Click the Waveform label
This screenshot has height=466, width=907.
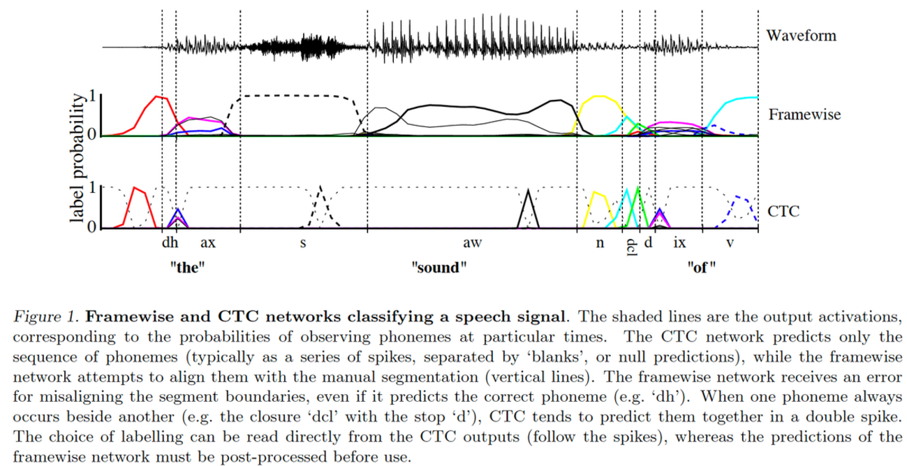pos(800,36)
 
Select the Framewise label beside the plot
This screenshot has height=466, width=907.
pos(803,115)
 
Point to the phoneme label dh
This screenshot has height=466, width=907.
pos(168,245)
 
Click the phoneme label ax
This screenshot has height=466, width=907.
pos(207,245)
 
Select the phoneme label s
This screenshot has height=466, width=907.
pos(302,245)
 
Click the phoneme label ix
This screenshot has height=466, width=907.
pos(679,245)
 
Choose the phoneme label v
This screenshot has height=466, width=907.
pos(730,245)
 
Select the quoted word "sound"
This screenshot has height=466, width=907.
pos(438,266)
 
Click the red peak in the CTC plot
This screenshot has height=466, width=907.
pos(136,189)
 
